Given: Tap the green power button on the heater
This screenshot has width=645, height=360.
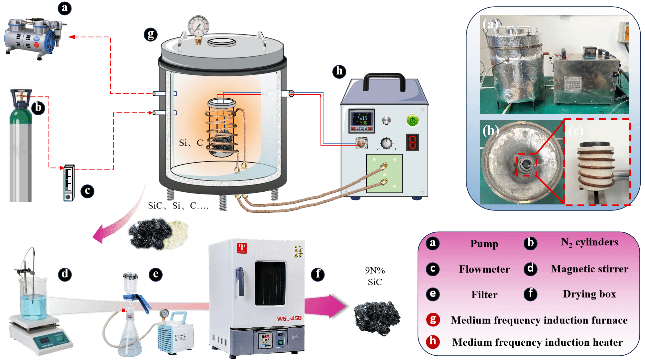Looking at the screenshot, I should (x=412, y=120).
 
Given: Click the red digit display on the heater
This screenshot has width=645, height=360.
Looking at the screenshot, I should (x=412, y=142).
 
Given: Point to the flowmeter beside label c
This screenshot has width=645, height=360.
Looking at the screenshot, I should (x=69, y=182).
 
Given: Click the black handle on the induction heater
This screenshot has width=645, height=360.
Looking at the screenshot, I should (x=384, y=81).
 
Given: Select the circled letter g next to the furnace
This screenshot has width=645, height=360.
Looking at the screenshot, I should (x=151, y=34).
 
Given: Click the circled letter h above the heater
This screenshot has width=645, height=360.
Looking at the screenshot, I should (x=339, y=71).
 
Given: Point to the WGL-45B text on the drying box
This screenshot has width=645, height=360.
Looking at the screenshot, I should (x=289, y=318).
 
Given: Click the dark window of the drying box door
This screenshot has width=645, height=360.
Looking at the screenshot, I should (x=270, y=283).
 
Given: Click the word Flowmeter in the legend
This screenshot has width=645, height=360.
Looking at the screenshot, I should (x=484, y=269).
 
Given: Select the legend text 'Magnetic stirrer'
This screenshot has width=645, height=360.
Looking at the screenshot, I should (x=589, y=269).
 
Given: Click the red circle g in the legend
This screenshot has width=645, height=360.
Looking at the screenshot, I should (x=433, y=320).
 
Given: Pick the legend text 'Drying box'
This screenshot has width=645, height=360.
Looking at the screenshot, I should (x=589, y=294).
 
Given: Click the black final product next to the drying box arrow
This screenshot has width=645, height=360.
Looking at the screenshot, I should (x=376, y=317).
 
